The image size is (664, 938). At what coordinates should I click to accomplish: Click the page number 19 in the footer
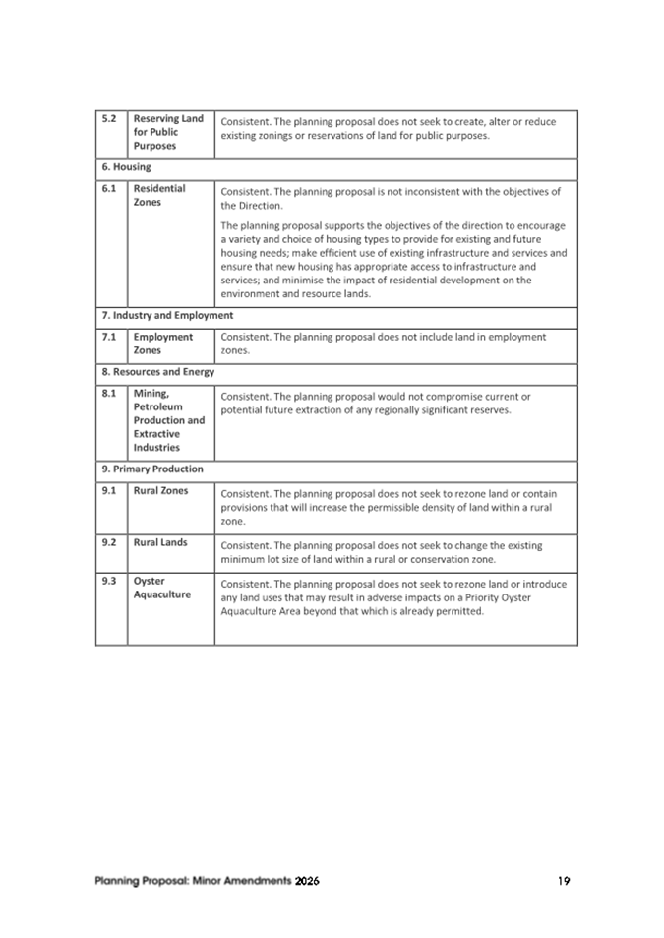pyautogui.click(x=563, y=881)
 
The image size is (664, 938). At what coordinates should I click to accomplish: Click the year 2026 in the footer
pyautogui.click(x=307, y=881)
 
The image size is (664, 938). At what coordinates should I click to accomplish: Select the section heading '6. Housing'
pyautogui.click(x=126, y=167)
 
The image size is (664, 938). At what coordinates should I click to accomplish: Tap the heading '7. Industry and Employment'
pyautogui.click(x=167, y=316)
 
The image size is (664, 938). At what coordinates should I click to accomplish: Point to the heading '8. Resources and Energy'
pyautogui.click(x=157, y=372)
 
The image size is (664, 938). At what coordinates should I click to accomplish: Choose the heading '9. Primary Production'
pyautogui.click(x=152, y=469)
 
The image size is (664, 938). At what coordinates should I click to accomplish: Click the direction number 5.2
pyautogui.click(x=109, y=119)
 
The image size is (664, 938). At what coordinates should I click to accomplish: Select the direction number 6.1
pyautogui.click(x=109, y=188)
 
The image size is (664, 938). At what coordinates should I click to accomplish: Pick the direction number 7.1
pyautogui.click(x=109, y=337)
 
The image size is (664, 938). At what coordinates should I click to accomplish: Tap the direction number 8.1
pyautogui.click(x=109, y=393)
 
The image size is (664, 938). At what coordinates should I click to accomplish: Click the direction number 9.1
pyautogui.click(x=109, y=490)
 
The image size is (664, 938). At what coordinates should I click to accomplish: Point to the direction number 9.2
pyautogui.click(x=109, y=542)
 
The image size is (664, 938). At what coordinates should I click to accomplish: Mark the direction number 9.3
pyautogui.click(x=109, y=581)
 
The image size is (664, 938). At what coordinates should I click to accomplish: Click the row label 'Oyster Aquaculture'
pyautogui.click(x=162, y=588)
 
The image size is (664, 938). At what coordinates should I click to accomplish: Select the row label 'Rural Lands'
pyautogui.click(x=160, y=542)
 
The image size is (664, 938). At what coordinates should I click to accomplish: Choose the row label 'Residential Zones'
pyautogui.click(x=159, y=195)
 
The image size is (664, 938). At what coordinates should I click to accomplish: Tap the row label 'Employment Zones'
pyautogui.click(x=163, y=344)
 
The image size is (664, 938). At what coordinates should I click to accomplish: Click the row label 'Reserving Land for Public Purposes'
pyautogui.click(x=168, y=132)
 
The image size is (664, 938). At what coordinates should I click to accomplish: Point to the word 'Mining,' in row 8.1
pyautogui.click(x=151, y=393)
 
